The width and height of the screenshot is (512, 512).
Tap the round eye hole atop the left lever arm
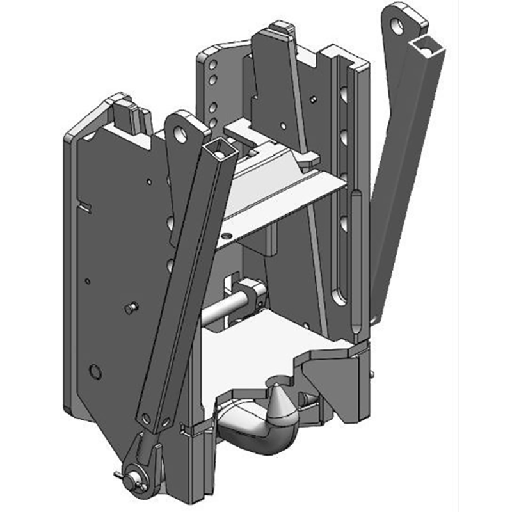(182, 134)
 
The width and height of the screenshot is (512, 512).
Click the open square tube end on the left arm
(218, 151)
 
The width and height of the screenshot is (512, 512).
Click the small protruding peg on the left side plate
(132, 307)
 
